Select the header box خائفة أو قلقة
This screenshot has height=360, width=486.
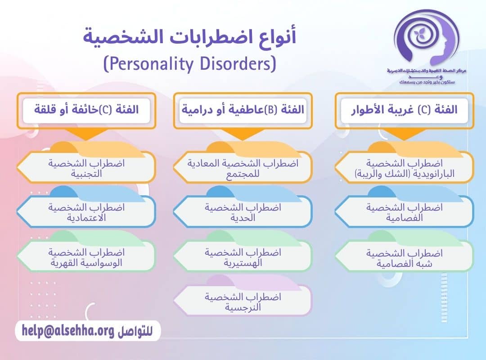86,109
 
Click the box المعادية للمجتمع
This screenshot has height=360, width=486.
243,168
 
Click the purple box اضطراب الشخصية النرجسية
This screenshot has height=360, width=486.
243,301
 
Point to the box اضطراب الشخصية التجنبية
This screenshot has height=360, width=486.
86,168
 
